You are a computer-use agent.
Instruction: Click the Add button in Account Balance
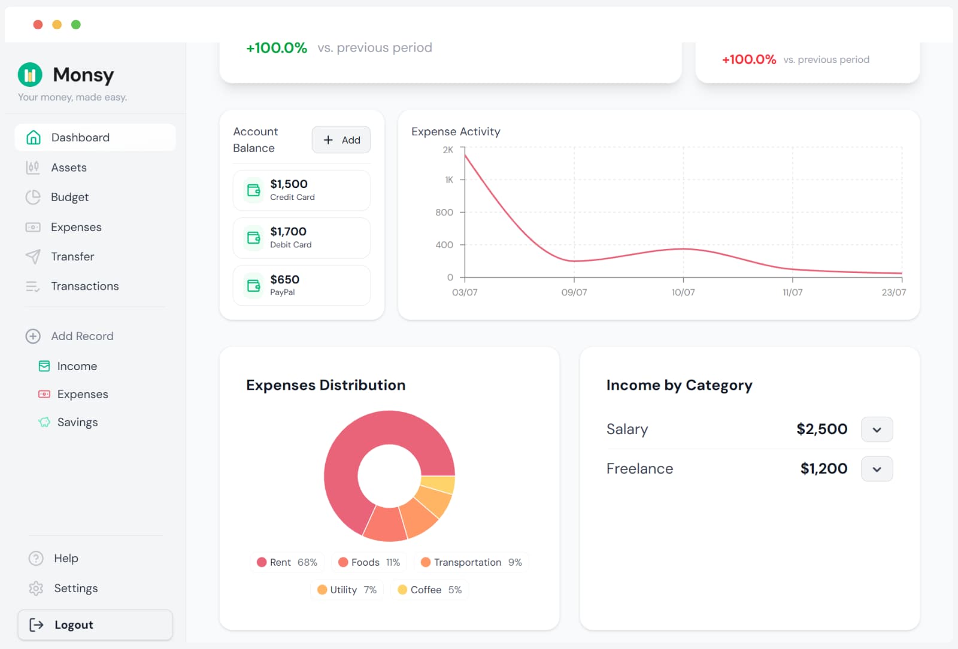tap(341, 140)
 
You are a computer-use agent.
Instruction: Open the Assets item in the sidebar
tap(68, 168)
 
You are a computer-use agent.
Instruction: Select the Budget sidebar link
tap(69, 197)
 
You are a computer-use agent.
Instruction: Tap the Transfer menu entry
tap(72, 256)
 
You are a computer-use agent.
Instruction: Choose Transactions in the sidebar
tap(84, 286)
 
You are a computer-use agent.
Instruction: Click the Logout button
tap(95, 624)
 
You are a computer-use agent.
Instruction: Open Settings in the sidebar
tap(75, 588)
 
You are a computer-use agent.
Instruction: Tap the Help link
tap(66, 558)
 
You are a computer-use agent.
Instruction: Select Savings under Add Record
tap(77, 422)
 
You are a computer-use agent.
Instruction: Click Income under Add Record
tap(77, 366)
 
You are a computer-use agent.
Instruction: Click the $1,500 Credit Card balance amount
tap(289, 184)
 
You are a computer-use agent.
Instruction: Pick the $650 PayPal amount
tap(284, 280)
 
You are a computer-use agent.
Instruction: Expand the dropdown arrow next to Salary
tap(877, 429)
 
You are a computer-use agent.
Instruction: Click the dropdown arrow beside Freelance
tap(877, 469)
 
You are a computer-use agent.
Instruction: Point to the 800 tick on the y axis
tap(444, 212)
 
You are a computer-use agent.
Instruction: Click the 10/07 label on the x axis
tap(683, 292)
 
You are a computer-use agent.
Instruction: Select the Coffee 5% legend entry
tap(430, 590)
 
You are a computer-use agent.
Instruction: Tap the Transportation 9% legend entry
tap(471, 562)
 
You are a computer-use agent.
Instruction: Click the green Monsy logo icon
tap(30, 75)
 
